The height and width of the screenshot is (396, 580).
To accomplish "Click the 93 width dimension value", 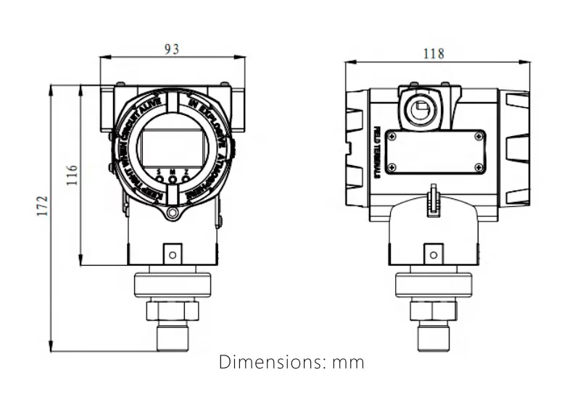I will point(172,49).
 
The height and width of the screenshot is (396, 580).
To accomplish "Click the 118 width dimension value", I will point(434,54).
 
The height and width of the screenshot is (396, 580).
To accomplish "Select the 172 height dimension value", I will point(42,206).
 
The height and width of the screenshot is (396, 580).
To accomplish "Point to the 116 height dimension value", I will point(71,174).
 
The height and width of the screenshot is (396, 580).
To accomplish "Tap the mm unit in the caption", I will point(348,362).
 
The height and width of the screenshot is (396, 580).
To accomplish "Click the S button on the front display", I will point(159,178).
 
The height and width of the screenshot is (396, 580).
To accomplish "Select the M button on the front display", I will point(173,178).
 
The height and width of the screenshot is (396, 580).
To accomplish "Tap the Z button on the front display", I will point(186,178).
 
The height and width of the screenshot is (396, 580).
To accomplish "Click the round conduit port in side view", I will point(419,111).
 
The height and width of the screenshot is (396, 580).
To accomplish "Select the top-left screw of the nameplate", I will point(392,137).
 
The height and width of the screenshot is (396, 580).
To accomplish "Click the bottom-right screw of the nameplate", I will point(478,167).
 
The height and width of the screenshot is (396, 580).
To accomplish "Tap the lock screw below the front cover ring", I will point(172,213).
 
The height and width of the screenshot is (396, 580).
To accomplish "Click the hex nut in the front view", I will point(172,311).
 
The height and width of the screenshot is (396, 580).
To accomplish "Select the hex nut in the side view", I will point(433,311).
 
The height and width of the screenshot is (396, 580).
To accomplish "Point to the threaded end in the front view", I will point(172,337).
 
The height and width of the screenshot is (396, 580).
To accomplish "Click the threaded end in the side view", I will point(433,337).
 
